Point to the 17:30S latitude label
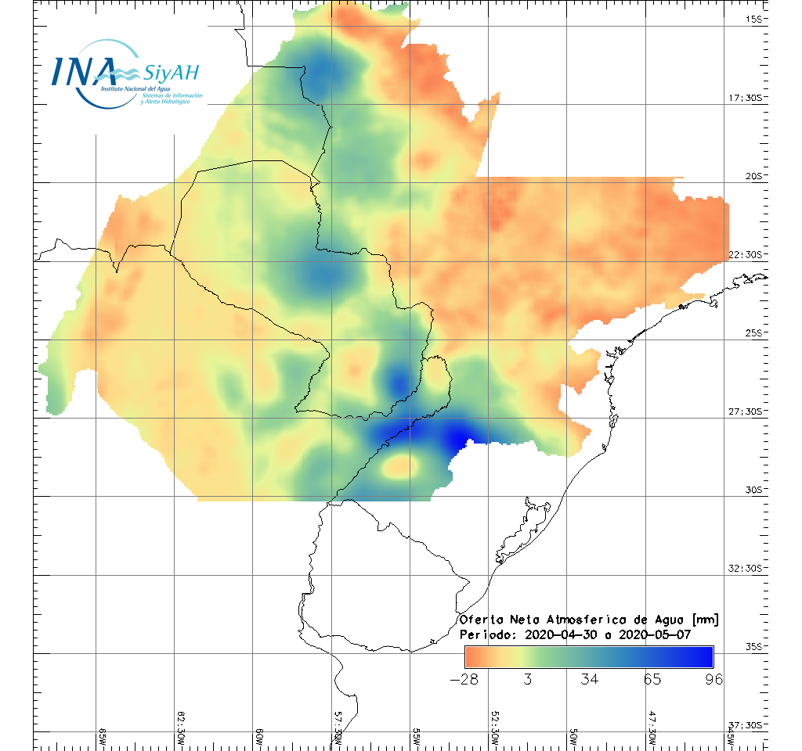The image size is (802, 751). [x=745, y=98]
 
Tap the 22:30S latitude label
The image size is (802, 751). [x=745, y=254]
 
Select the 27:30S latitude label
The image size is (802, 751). [x=745, y=411]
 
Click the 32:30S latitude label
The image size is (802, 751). [x=745, y=568]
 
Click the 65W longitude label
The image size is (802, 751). [x=103, y=736]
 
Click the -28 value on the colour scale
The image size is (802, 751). [x=465, y=679]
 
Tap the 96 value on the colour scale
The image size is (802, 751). [x=713, y=679]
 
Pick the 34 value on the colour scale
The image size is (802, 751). [x=590, y=679]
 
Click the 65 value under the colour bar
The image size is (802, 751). [x=652, y=679]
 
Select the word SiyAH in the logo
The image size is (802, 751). [x=172, y=74]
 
